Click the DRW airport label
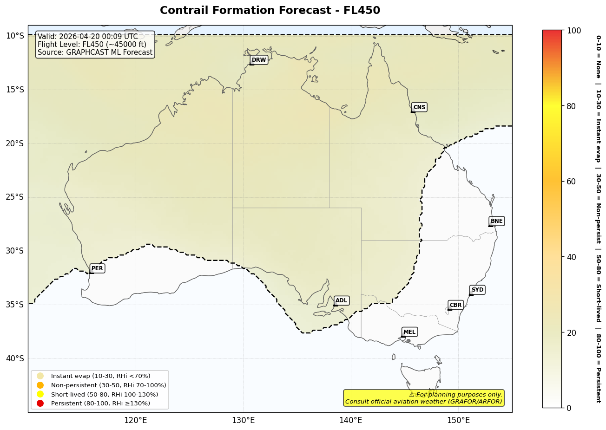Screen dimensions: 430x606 [259, 60]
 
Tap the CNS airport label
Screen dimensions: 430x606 [419, 107]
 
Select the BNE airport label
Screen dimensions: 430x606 [496, 221]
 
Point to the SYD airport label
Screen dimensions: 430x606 [477, 290]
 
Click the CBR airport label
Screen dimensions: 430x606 [455, 305]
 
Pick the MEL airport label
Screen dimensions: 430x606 [409, 332]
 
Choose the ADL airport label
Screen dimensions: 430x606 [341, 301]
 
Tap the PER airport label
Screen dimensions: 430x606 [97, 268]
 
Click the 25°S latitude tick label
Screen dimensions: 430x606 [14, 197]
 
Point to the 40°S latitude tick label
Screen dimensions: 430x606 [14, 358]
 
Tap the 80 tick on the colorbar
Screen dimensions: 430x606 [571, 106]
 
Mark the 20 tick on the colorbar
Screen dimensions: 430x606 [571, 332]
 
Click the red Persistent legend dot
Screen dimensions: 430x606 [40, 404]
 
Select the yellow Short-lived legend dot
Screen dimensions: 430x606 [40, 394]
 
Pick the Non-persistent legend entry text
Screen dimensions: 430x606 [108, 385]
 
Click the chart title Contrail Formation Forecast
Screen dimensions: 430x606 [270, 10]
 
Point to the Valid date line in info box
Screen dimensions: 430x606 [88, 37]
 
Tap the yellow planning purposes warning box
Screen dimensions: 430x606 [423, 398]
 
